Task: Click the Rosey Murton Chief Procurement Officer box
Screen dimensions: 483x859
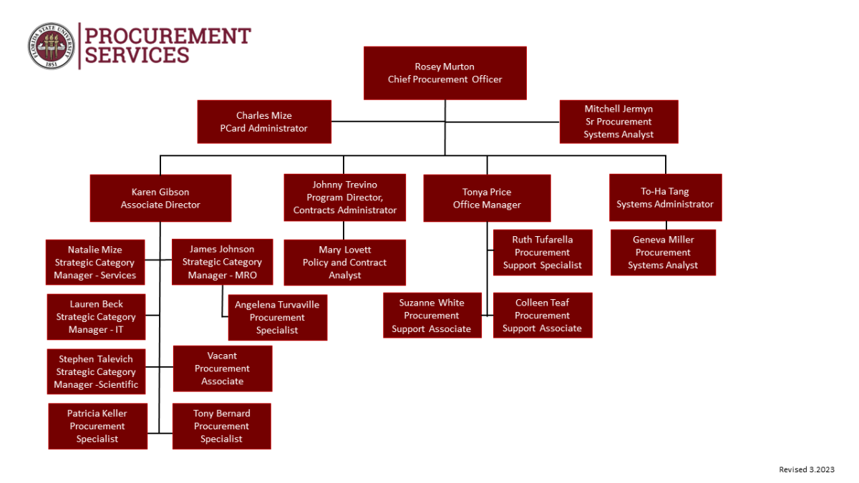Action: coord(445,73)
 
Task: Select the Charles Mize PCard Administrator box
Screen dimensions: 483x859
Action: coord(264,122)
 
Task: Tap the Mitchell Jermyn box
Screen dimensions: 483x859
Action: coord(618,122)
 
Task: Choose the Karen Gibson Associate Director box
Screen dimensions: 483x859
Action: coord(160,198)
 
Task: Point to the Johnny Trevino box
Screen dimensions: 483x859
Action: coord(344,197)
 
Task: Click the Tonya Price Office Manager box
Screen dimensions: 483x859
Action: coord(487,198)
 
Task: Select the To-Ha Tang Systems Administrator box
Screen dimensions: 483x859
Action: coord(665,197)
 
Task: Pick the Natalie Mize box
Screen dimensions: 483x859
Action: coord(95,263)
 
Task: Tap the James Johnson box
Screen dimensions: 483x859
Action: coord(222,262)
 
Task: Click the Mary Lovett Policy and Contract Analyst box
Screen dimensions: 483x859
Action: coord(344,263)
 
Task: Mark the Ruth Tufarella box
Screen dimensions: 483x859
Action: coord(542,252)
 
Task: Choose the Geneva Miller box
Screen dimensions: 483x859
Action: coord(663,252)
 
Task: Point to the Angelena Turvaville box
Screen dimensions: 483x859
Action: coord(277,317)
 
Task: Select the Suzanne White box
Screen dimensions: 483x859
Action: coord(432,316)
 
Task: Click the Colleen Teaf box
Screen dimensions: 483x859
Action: coord(542,316)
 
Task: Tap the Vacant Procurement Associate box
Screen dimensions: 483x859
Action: coord(222,369)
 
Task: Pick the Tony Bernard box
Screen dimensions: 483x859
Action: coord(221,426)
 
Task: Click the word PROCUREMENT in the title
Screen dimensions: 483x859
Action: coord(168,36)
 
